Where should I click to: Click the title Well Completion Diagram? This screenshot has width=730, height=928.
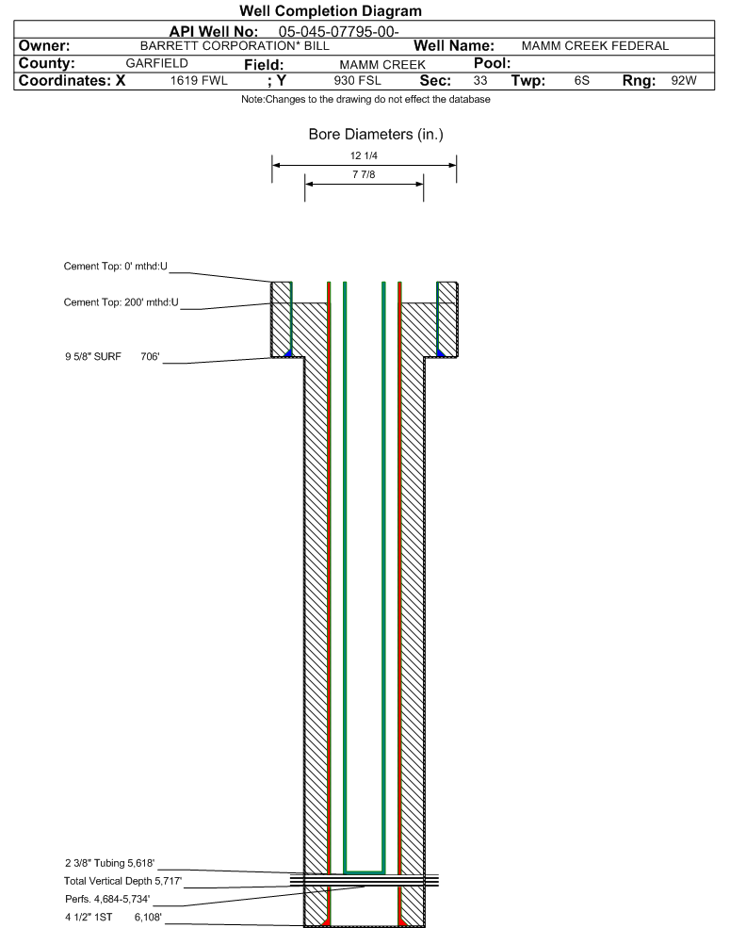pyautogui.click(x=331, y=10)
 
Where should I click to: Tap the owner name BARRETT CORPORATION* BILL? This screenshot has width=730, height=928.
pyautogui.click(x=234, y=45)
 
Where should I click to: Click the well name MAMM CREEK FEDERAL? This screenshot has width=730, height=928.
pyautogui.click(x=594, y=45)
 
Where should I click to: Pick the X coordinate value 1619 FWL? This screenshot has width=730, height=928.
pyautogui.click(x=199, y=81)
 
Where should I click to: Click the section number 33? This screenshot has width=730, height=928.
pyautogui.click(x=480, y=81)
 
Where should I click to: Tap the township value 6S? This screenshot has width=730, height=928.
pyautogui.click(x=581, y=81)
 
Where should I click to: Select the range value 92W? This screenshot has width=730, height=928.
pyautogui.click(x=684, y=81)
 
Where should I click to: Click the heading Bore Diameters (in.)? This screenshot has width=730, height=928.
pyautogui.click(x=376, y=135)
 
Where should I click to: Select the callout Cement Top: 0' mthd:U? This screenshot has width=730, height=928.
pyautogui.click(x=115, y=267)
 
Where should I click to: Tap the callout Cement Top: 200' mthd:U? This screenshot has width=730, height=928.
pyautogui.click(x=121, y=302)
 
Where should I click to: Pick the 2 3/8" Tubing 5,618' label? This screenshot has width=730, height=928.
pyautogui.click(x=109, y=863)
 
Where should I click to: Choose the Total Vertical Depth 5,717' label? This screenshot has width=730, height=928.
pyautogui.click(x=116, y=881)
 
